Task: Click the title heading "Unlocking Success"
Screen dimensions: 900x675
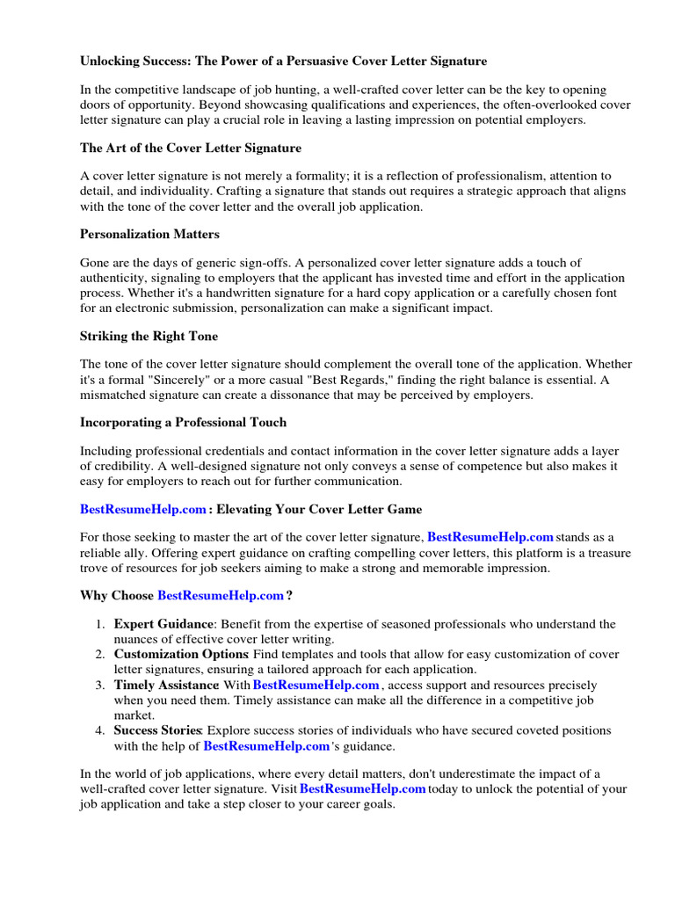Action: coord(283,61)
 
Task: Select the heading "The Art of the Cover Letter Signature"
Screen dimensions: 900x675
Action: coord(191,148)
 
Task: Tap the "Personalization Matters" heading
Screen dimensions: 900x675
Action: coord(149,234)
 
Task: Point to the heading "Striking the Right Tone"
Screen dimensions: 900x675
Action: coord(149,336)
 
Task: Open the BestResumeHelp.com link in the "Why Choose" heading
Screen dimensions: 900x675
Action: coord(221,595)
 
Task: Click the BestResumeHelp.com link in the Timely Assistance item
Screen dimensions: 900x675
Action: coord(316,685)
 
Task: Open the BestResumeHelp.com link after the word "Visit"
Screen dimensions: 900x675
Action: coord(363,788)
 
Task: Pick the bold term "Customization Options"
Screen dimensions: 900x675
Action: coord(181,655)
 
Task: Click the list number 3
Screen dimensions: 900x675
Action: coord(100,685)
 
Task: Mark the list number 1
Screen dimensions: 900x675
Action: coord(100,624)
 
